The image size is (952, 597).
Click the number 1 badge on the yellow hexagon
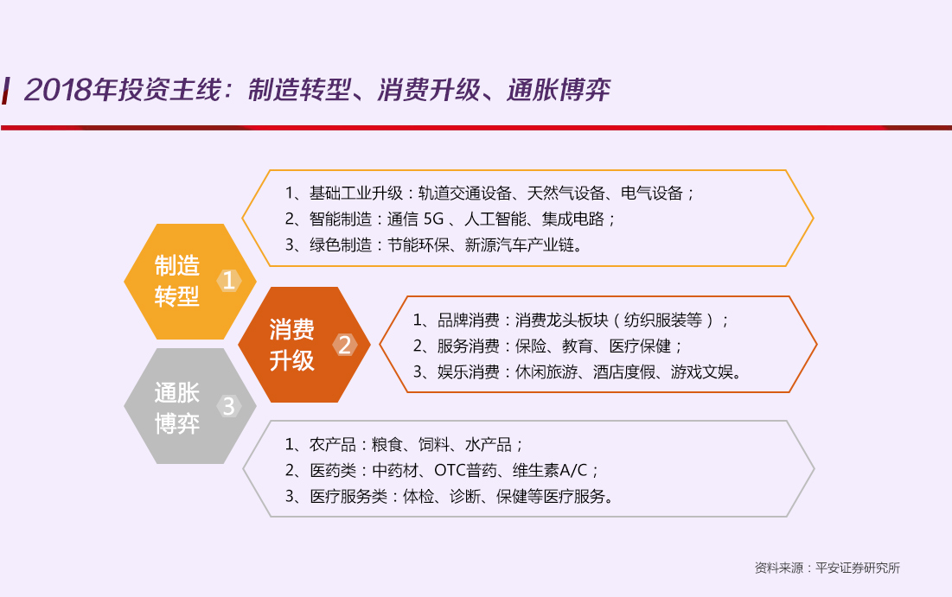[229, 280]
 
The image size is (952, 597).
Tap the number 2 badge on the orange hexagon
[344, 345]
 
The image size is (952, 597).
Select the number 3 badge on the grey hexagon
[229, 406]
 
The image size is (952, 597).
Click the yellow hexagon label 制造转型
[176, 281]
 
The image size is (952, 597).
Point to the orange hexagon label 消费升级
[292, 345]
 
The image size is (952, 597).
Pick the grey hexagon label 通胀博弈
[176, 409]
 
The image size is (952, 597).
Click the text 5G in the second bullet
[433, 219]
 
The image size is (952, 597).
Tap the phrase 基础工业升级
[356, 193]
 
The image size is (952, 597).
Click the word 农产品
[333, 445]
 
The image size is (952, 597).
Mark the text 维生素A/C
[550, 470]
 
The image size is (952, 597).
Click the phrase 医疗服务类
[348, 496]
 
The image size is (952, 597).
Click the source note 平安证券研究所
[857, 568]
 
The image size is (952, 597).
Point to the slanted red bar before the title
[6, 91]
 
